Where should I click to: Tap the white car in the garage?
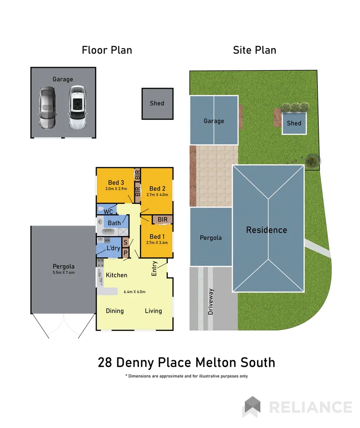[77, 107]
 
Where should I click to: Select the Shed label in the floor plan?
[157, 103]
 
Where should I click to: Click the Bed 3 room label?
[116, 182]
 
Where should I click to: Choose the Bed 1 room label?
[155, 236]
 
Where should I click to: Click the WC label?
[108, 212]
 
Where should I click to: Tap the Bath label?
[114, 223]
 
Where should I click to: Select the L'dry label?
[113, 248]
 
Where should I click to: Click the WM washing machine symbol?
[107, 241]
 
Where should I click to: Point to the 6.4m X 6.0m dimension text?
[134, 292]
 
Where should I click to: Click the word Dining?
[115, 311]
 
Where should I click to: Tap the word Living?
[153, 311]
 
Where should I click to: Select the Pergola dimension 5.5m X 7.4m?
[64, 272]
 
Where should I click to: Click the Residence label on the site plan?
[266, 230]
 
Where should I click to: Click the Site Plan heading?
[255, 50]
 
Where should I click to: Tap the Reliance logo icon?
[252, 407]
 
